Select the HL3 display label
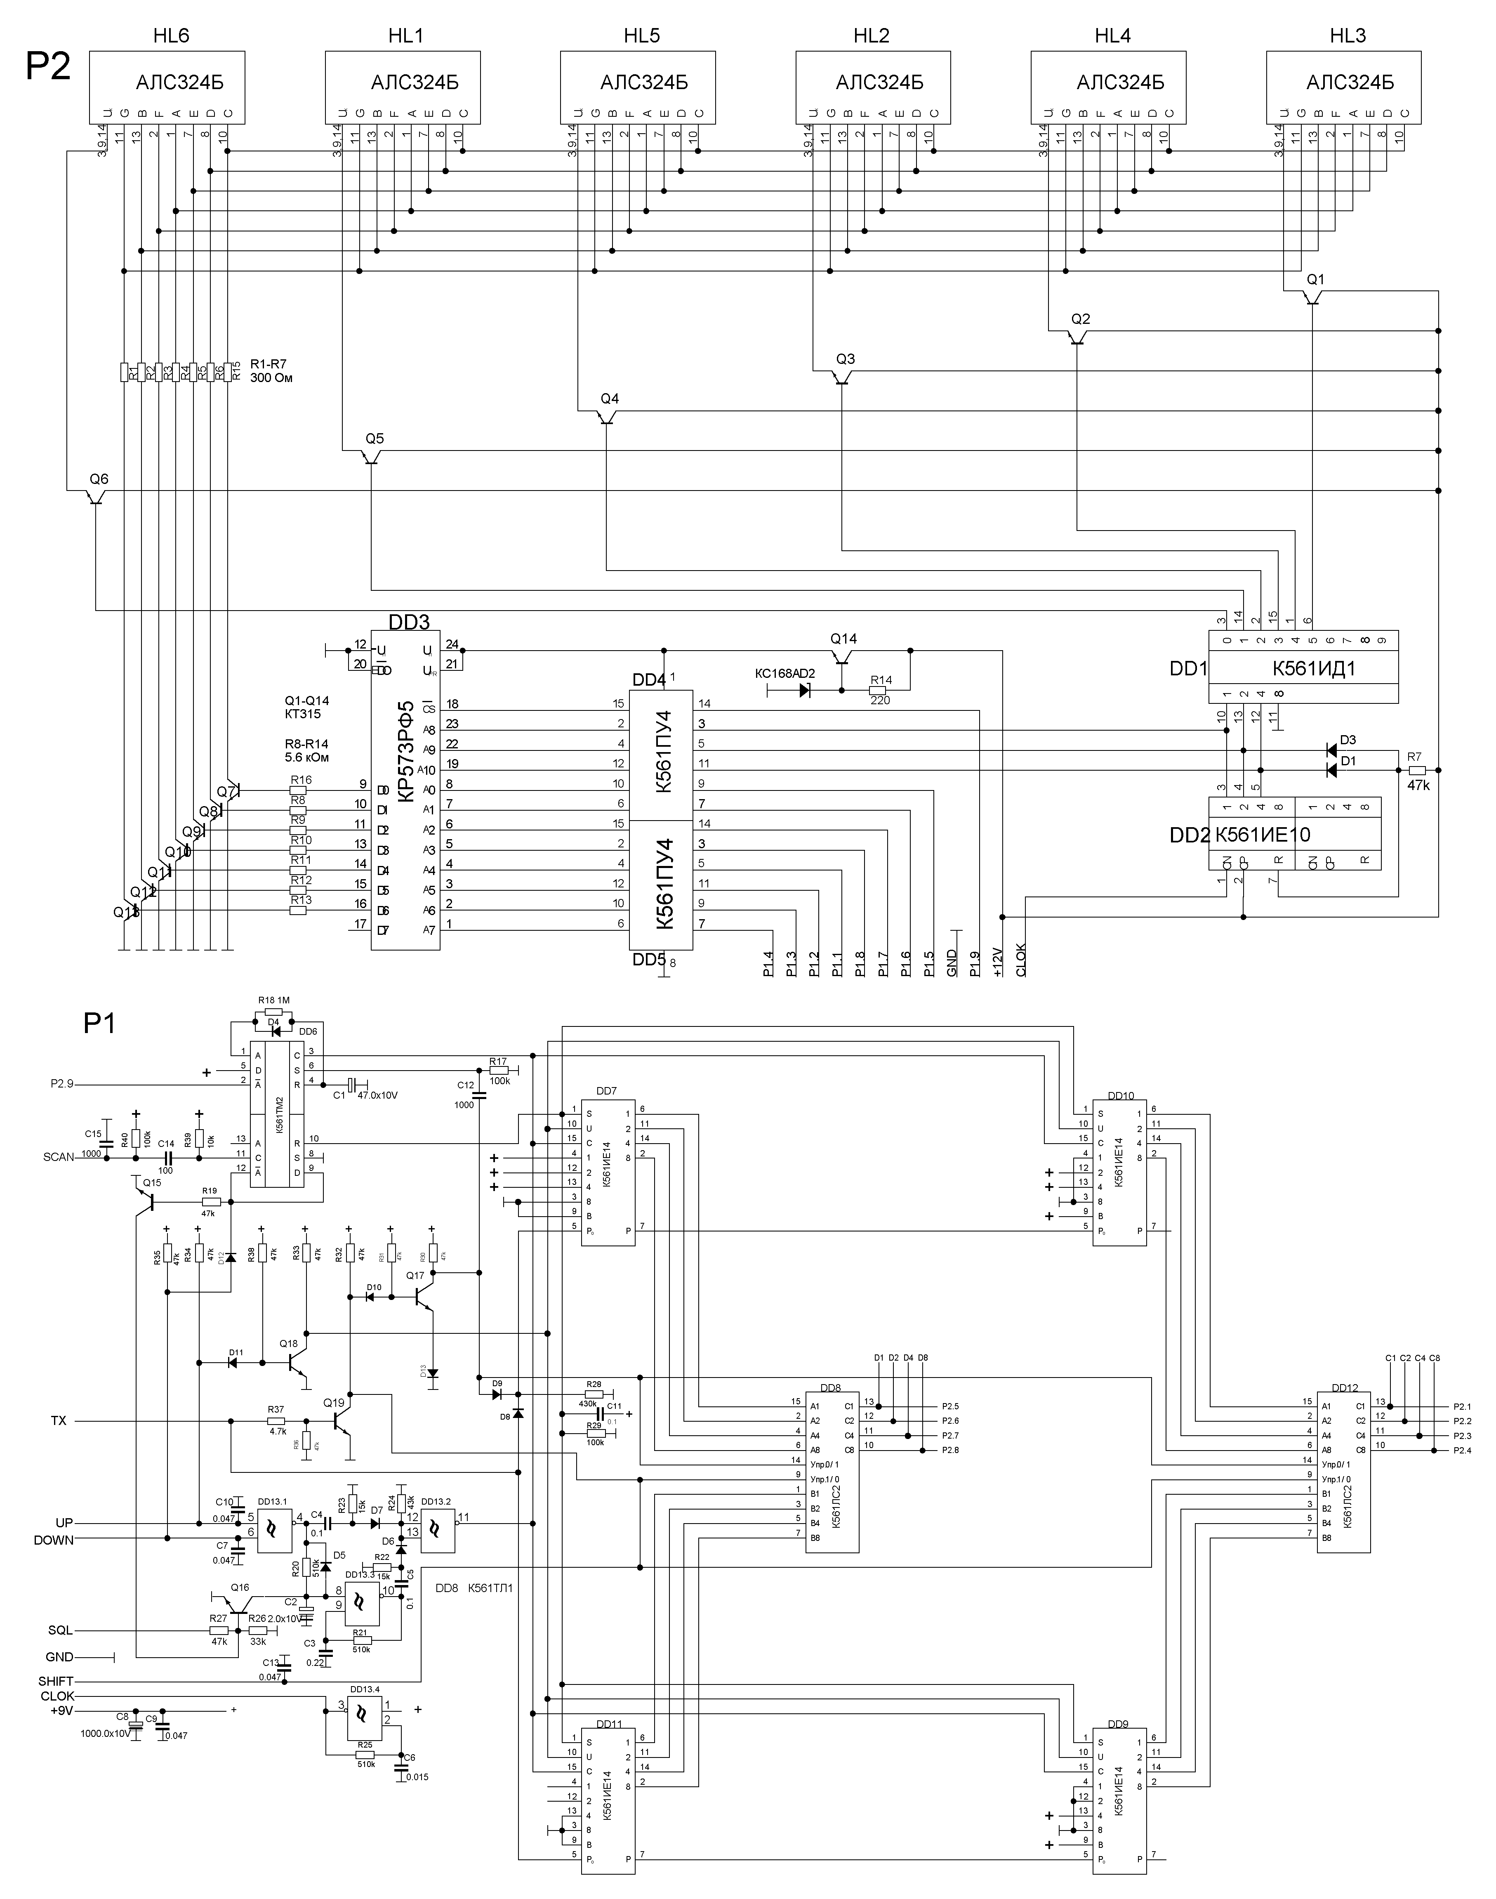click(1347, 36)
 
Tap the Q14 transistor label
click(843, 639)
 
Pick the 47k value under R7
click(1418, 786)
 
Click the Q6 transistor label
click(99, 479)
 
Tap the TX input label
click(59, 1421)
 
